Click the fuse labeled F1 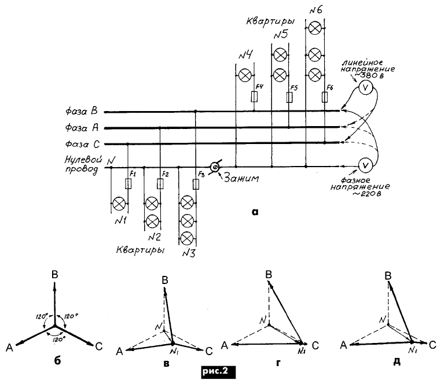point(128,184)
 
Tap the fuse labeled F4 point(254,97)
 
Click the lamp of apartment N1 point(119,204)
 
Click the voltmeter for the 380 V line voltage point(366,87)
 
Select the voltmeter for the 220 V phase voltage point(365,165)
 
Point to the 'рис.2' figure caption point(219,368)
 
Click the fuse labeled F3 point(196,184)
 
